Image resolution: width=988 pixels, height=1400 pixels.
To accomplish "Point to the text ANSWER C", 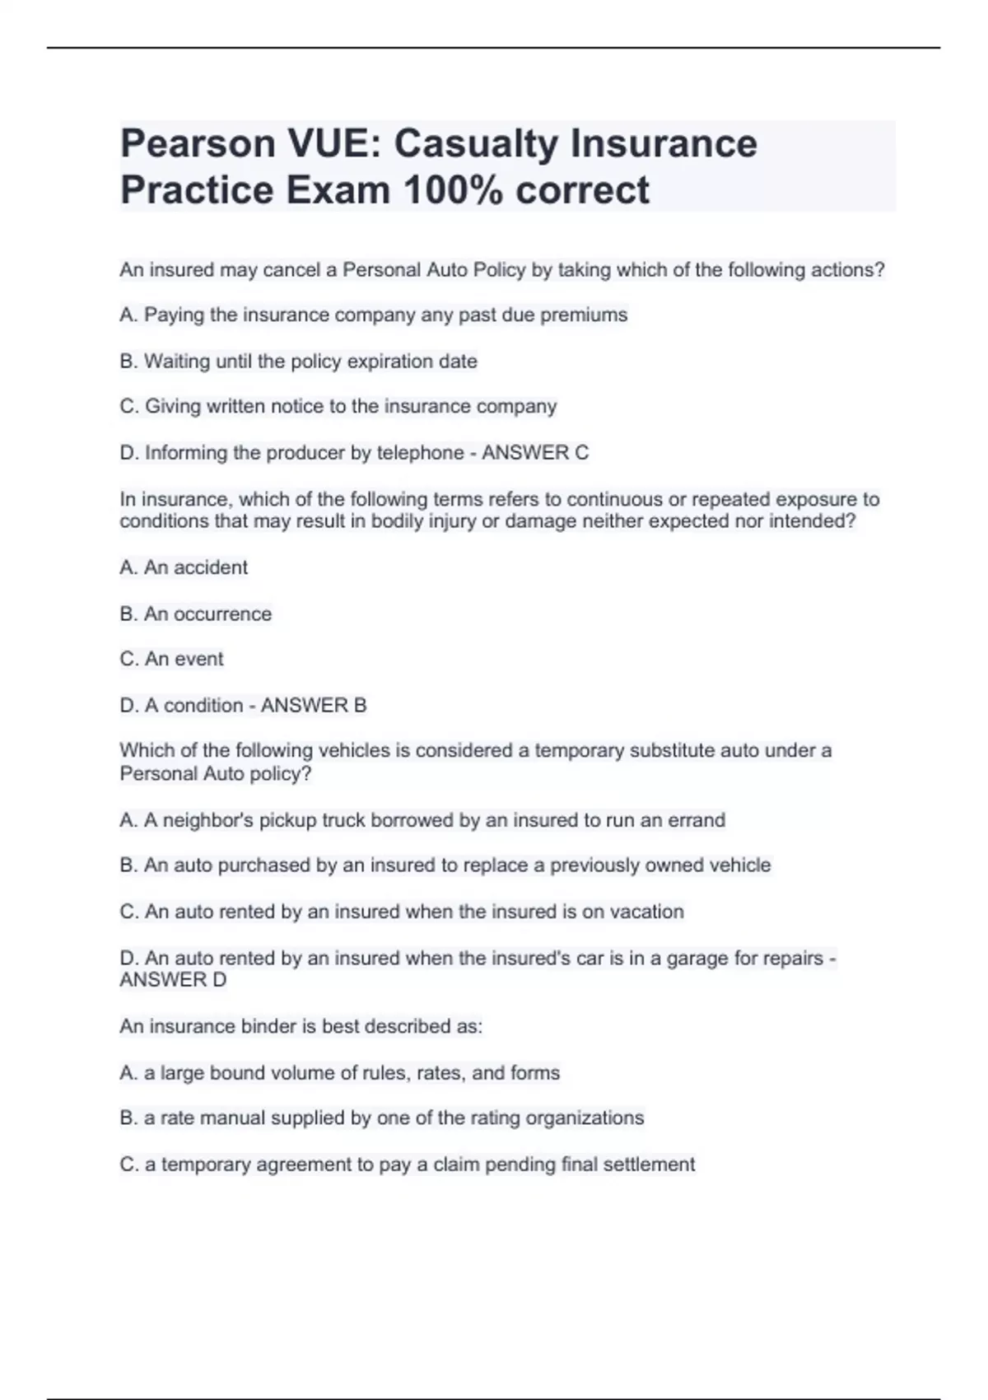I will [x=535, y=452].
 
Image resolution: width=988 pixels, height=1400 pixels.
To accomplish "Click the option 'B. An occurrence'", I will [x=195, y=614].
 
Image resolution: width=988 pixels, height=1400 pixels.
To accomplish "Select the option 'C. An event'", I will [x=171, y=659].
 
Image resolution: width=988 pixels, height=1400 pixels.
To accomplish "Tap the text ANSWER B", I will [x=314, y=705].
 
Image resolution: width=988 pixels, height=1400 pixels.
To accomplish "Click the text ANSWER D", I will [x=173, y=980].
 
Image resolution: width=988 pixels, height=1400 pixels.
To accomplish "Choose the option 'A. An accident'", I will [x=184, y=567].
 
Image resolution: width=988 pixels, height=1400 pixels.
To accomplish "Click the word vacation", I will [x=646, y=912].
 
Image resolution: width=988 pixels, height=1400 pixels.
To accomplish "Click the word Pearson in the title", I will [x=198, y=143].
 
